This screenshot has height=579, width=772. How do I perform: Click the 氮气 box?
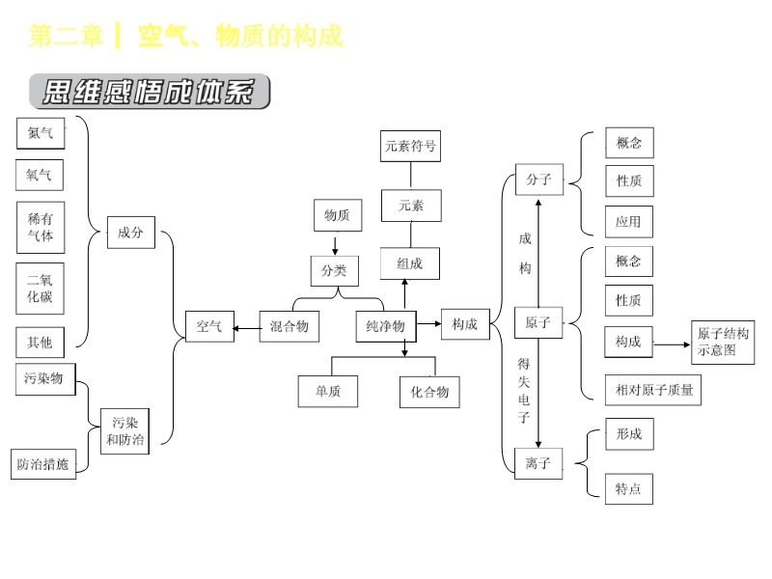(41, 133)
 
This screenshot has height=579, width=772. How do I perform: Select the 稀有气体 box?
(41, 227)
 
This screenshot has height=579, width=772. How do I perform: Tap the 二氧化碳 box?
(41, 288)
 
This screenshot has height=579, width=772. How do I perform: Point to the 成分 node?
(130, 232)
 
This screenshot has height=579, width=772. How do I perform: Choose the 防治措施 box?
(43, 463)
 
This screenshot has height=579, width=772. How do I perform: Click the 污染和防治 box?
(125, 431)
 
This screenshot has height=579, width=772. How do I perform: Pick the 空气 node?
(209, 326)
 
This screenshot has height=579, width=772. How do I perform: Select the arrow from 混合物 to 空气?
(247, 328)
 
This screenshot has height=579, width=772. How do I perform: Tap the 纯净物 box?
(386, 326)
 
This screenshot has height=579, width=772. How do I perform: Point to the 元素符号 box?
(410, 147)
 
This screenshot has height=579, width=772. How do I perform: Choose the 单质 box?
(328, 391)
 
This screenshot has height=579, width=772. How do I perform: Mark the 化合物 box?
(429, 392)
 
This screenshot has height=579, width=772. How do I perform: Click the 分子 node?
(538, 179)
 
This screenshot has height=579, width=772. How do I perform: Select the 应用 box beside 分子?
(628, 221)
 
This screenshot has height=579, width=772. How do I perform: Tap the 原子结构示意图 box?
(723, 342)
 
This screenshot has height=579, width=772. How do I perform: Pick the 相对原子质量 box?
(653, 390)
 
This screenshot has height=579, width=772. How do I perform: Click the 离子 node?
(538, 463)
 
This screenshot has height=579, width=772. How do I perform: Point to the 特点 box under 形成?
(628, 488)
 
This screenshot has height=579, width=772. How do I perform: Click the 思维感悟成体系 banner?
(150, 93)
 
